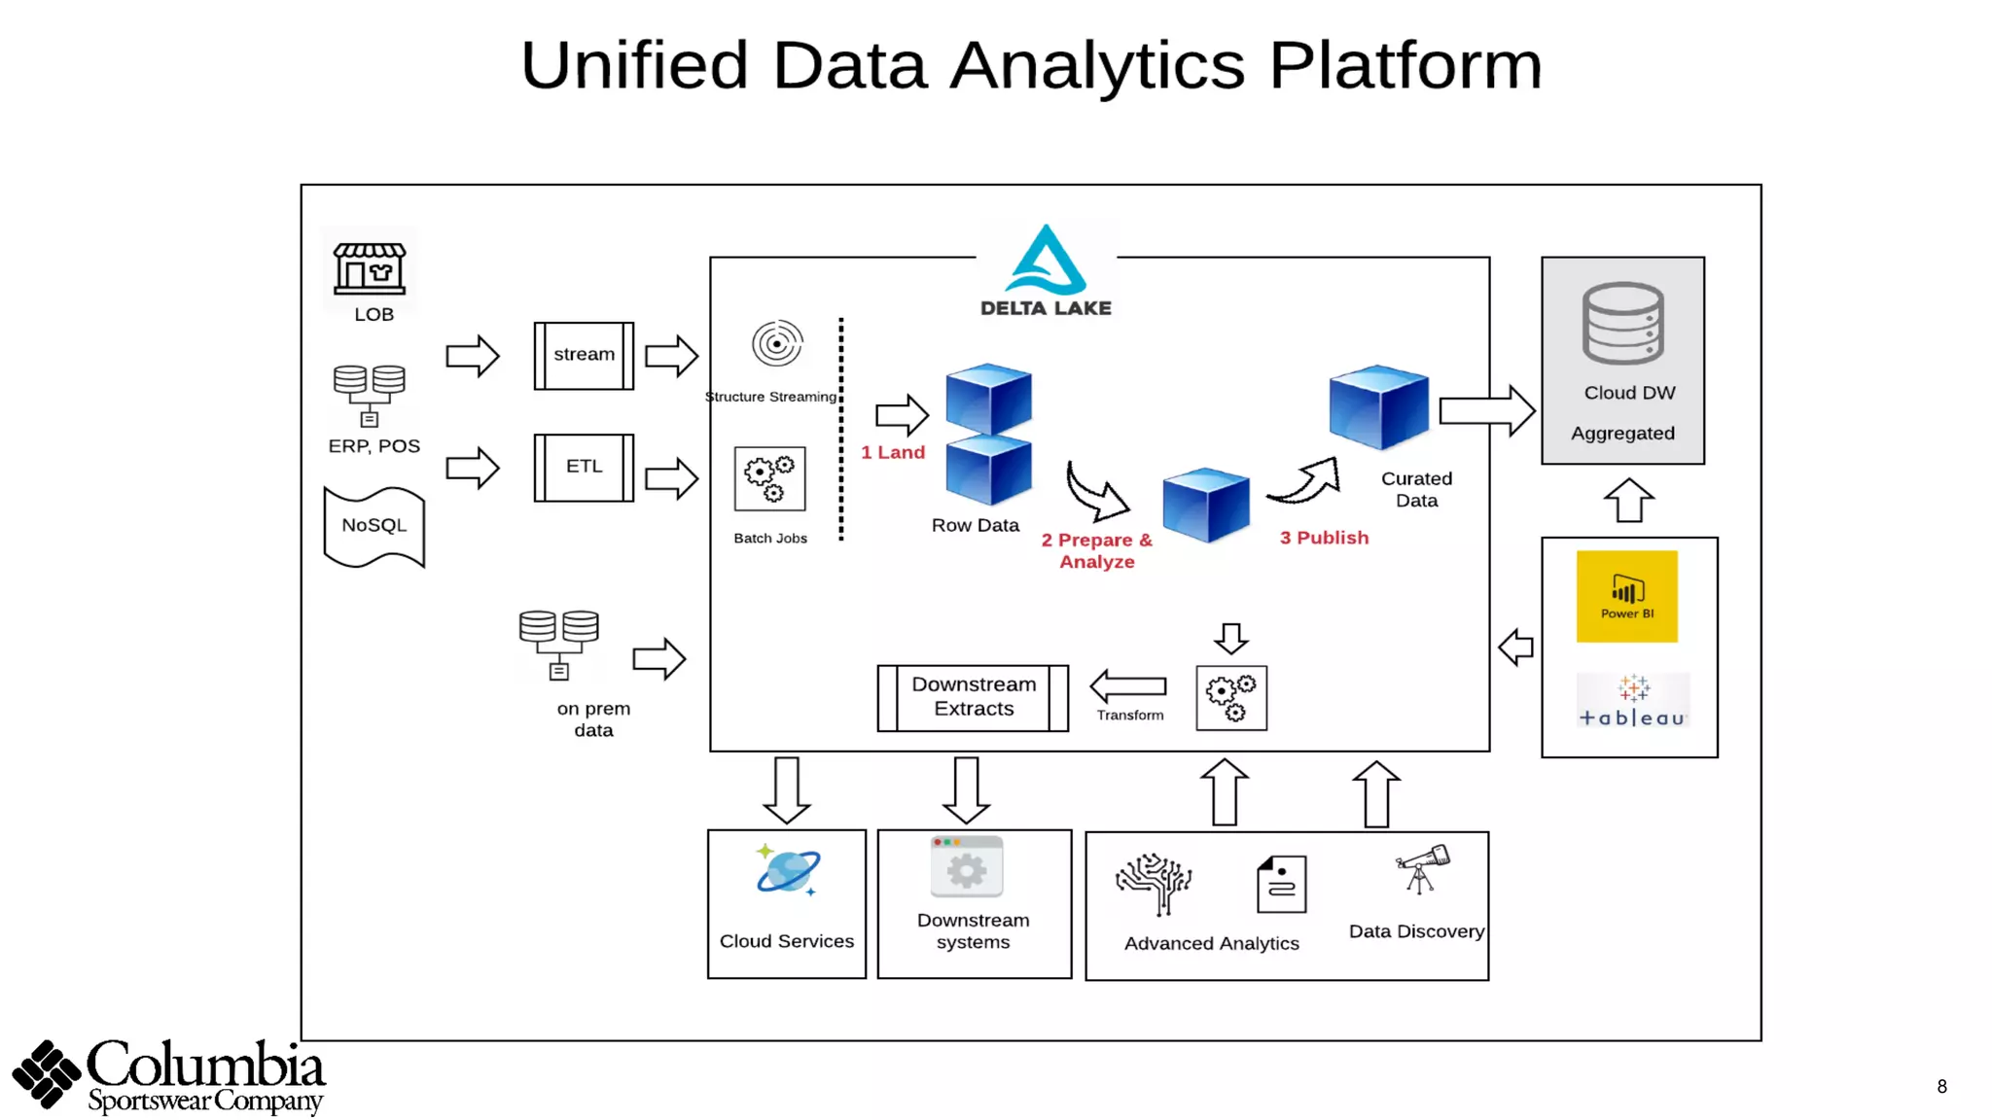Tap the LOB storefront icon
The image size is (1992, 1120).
pos(370,268)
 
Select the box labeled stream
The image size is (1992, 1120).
pos(584,356)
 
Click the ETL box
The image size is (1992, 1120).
pos(584,468)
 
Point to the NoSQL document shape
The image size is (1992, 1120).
pos(374,527)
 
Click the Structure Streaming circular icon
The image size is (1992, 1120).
pos(776,343)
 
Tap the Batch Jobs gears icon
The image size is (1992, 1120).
pos(770,478)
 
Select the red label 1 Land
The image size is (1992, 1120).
pos(893,453)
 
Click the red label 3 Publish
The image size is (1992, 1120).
pos(1324,538)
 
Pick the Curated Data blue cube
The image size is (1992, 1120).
pos(1379,406)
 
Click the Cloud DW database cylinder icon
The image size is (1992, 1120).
pos(1623,324)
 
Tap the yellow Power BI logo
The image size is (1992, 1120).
pos(1627,596)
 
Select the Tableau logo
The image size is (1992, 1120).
pos(1633,701)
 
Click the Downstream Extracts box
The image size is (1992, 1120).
pos(973,698)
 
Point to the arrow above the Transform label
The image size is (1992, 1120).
pos(1128,685)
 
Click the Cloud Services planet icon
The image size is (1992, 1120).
pos(788,870)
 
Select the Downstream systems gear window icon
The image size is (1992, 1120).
pos(966,866)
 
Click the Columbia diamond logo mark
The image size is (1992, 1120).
pos(46,1073)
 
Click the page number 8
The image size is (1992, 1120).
pos(1941,1087)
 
